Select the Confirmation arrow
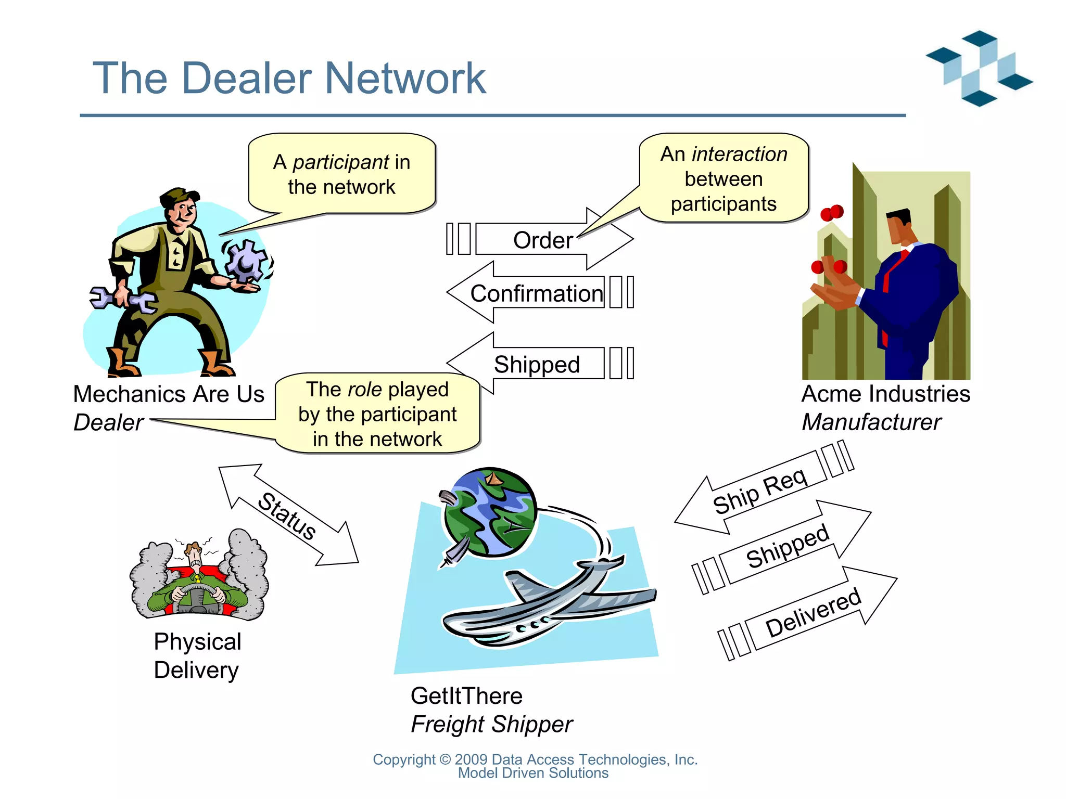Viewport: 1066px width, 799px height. pos(536,293)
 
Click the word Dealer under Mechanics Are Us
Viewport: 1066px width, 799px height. pos(108,422)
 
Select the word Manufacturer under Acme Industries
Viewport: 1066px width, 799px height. pos(871,422)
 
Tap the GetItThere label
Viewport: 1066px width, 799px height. pos(466,696)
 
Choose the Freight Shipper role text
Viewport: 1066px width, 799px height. pos(491,724)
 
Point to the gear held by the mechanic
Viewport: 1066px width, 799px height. pos(245,260)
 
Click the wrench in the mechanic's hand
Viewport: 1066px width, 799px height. pos(122,299)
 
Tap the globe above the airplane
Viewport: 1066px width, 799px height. pos(489,512)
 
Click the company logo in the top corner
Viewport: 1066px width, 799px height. pos(979,68)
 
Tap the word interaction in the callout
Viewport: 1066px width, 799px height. pos(739,154)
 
